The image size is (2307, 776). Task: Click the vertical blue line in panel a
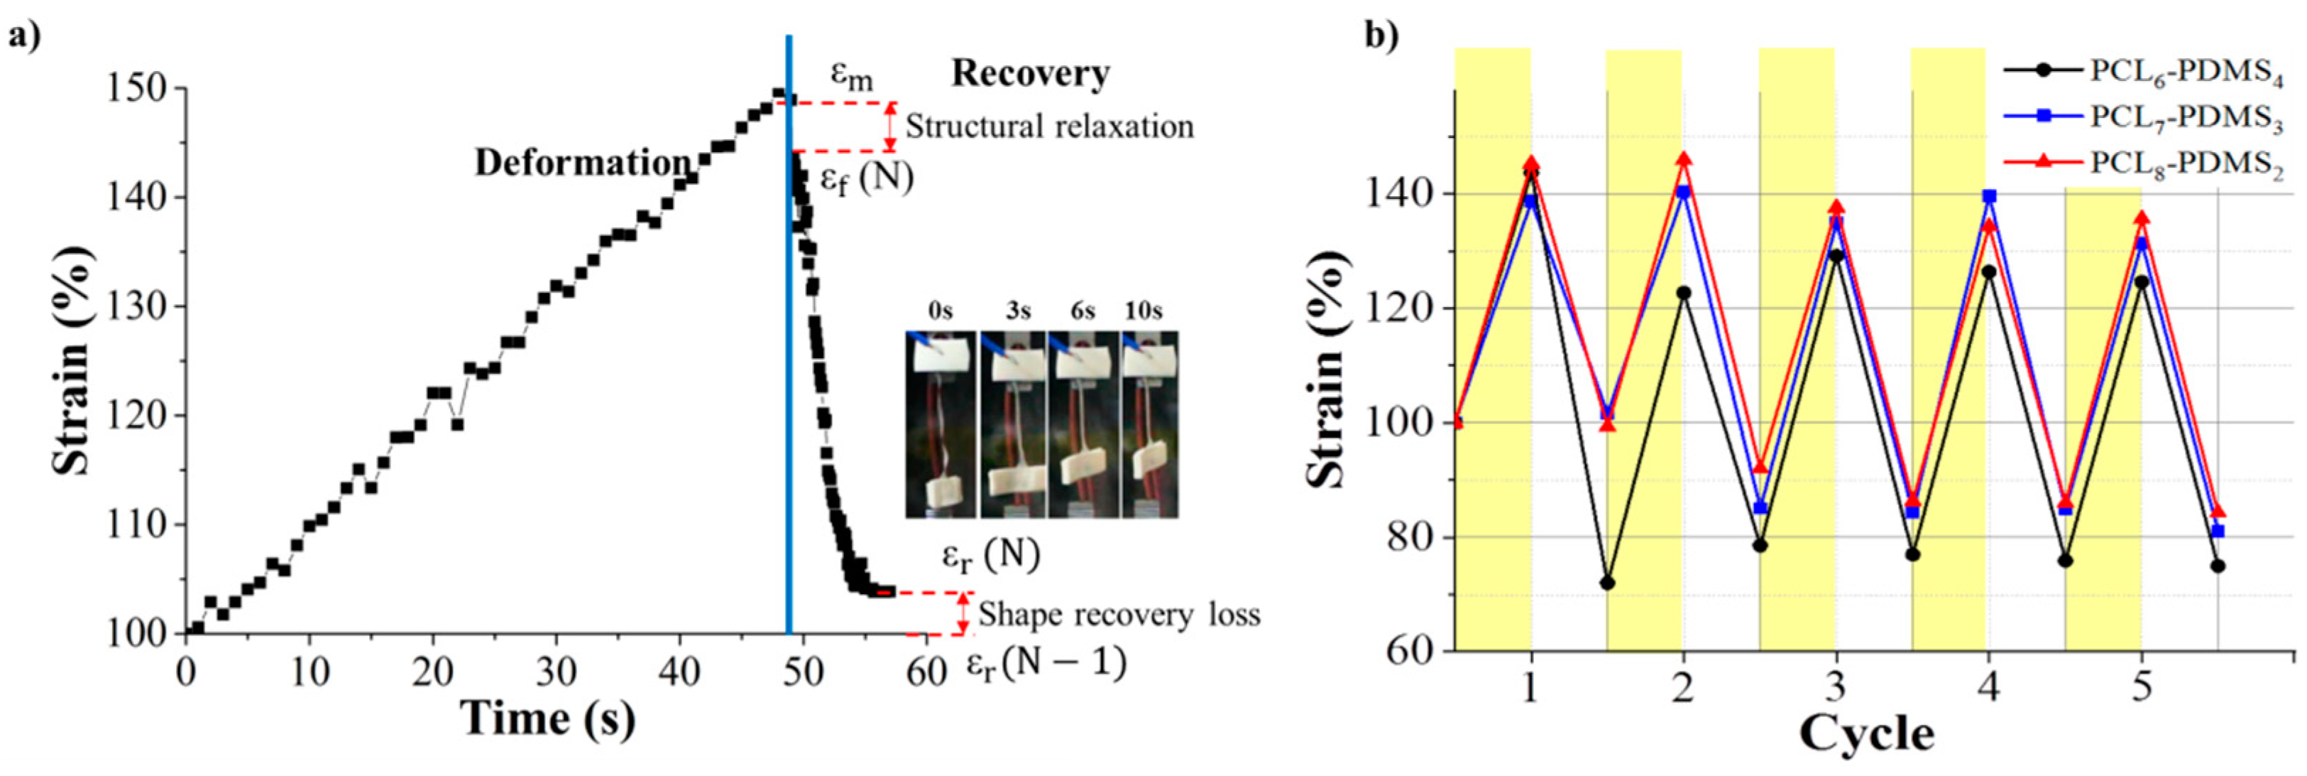coord(788,358)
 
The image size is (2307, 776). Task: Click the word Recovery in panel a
coord(1030,73)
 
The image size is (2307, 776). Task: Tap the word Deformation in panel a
coord(583,163)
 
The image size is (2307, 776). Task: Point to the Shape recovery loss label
coord(1119,615)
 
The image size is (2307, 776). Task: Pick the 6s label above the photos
coord(1082,311)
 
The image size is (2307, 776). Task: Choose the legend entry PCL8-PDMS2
coord(2185,165)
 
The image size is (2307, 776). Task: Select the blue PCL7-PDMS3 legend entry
coord(2185,118)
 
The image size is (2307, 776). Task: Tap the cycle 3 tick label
coord(1836,687)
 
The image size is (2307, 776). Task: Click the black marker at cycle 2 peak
coord(1684,293)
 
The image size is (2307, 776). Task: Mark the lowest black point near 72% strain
coord(1608,583)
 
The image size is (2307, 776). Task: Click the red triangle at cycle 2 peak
coord(1684,159)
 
